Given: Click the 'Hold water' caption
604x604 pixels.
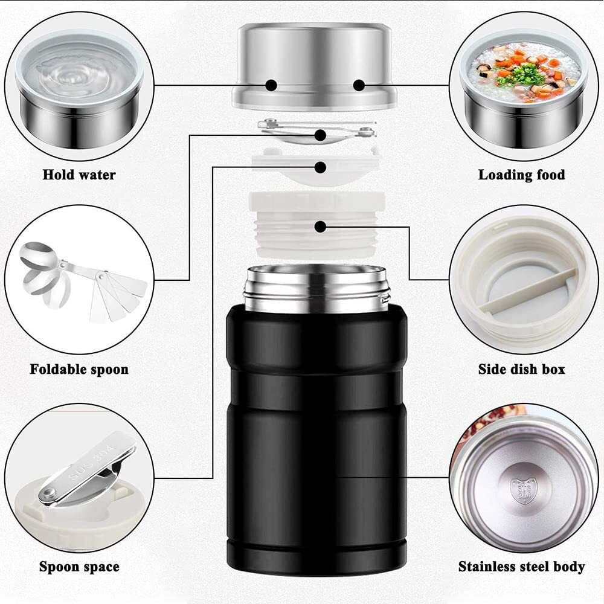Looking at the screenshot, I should pyautogui.click(x=79, y=175).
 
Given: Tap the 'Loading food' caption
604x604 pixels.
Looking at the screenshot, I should pyautogui.click(x=521, y=175).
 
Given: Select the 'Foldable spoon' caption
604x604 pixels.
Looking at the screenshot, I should pyautogui.click(x=79, y=369).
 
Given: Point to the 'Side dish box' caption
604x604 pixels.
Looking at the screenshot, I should pyautogui.click(x=521, y=369).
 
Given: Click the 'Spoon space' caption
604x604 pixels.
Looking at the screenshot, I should pyautogui.click(x=79, y=567).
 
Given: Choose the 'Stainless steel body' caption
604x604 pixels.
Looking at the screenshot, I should pyautogui.click(x=521, y=567).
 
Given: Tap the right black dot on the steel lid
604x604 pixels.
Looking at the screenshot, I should pyautogui.click(x=358, y=85).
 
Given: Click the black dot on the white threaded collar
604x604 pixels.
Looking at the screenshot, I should pyautogui.click(x=321, y=226).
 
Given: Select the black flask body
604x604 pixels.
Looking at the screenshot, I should pyautogui.click(x=316, y=435).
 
